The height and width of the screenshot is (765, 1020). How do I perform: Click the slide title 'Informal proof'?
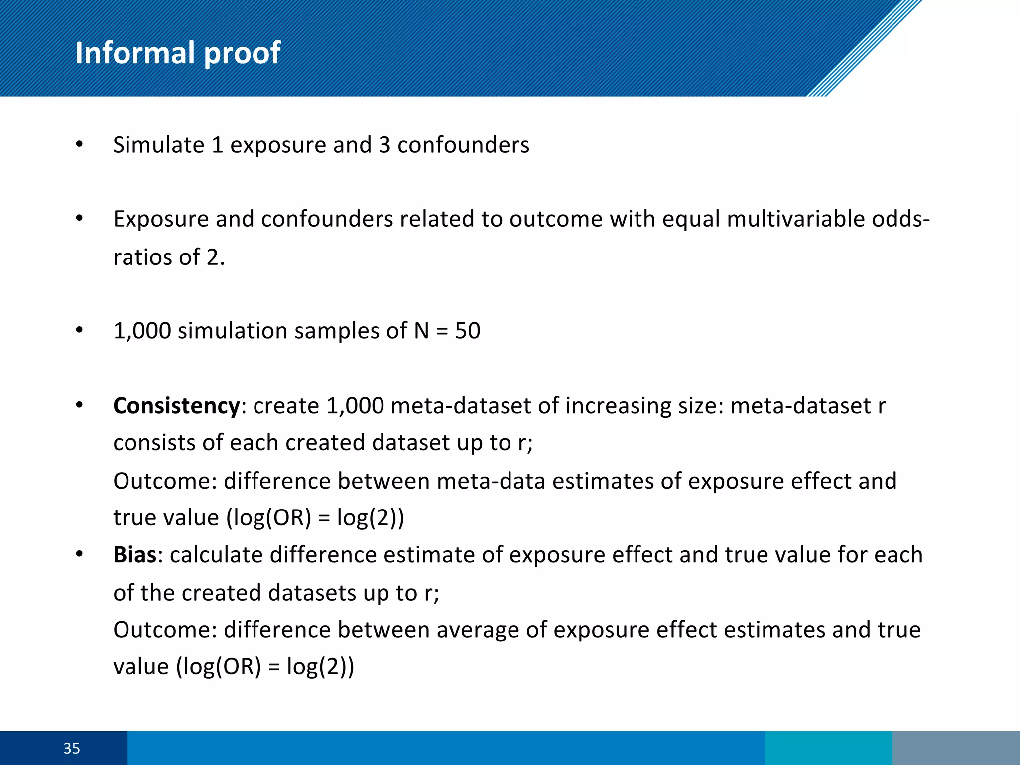(x=178, y=53)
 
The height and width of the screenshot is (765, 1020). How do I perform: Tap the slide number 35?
(x=71, y=748)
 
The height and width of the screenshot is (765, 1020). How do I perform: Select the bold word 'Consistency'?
(x=176, y=406)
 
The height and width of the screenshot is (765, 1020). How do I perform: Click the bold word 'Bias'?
(x=134, y=555)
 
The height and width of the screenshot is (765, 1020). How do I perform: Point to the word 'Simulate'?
(x=158, y=145)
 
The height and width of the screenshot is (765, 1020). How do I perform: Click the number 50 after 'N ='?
(x=468, y=331)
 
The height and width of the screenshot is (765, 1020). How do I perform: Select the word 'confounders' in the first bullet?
(x=463, y=145)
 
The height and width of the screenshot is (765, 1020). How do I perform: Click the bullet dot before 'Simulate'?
(x=79, y=145)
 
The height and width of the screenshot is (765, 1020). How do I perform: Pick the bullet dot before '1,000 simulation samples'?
(x=79, y=330)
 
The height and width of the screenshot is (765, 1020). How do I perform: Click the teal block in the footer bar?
(x=828, y=748)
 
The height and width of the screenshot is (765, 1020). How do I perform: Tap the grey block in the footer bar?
(x=956, y=748)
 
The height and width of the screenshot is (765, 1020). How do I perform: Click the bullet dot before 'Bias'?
(x=79, y=554)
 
